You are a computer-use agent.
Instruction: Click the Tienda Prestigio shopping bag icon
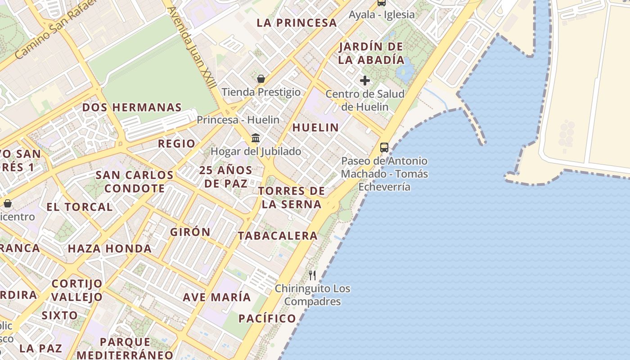pyautogui.click(x=261, y=79)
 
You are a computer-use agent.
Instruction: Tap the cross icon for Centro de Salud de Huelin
pyautogui.click(x=365, y=81)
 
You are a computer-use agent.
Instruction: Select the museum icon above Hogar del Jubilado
pyautogui.click(x=256, y=138)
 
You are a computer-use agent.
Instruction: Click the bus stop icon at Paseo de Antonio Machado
pyautogui.click(x=384, y=147)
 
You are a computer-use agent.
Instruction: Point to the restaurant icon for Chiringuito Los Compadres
pyautogui.click(x=312, y=275)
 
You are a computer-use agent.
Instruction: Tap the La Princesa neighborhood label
pyautogui.click(x=297, y=23)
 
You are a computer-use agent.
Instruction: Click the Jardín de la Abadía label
pyautogui.click(x=371, y=53)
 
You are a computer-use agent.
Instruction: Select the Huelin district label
pyautogui.click(x=315, y=128)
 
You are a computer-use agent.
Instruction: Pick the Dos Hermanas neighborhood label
pyautogui.click(x=132, y=108)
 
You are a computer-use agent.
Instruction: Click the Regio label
pyautogui.click(x=176, y=144)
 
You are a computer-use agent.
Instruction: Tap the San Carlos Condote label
pyautogui.click(x=134, y=181)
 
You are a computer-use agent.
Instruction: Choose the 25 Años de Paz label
pyautogui.click(x=226, y=177)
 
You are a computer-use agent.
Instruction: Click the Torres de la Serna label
pyautogui.click(x=292, y=198)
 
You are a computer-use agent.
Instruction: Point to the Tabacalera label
pyautogui.click(x=278, y=236)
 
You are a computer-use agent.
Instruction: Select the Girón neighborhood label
pyautogui.click(x=190, y=232)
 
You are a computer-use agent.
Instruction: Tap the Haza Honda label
pyautogui.click(x=109, y=248)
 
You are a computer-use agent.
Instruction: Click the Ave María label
pyautogui.click(x=216, y=297)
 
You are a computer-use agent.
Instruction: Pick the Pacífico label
pyautogui.click(x=267, y=319)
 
